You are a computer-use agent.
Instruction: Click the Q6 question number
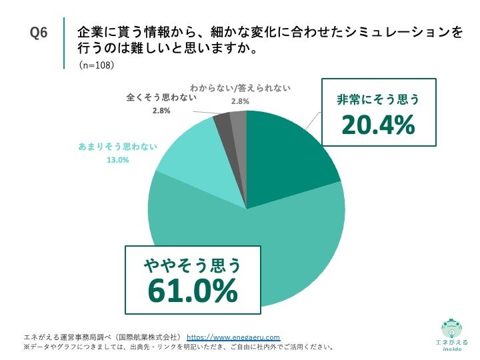pyautogui.click(x=39, y=33)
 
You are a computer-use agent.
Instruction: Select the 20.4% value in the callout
pyautogui.click(x=378, y=125)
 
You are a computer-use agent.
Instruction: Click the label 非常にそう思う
pyautogui.click(x=378, y=100)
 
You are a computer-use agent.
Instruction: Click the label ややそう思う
pyautogui.click(x=193, y=267)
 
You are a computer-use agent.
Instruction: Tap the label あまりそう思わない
pyautogui.click(x=117, y=147)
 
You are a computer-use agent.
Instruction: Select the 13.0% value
pyautogui.click(x=118, y=160)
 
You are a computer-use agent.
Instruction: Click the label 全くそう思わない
pyautogui.click(x=161, y=97)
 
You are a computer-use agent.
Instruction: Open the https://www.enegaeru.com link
pyautogui.click(x=233, y=337)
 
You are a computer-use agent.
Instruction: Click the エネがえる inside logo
pyautogui.click(x=451, y=333)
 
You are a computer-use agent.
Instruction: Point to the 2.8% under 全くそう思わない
pyautogui.click(x=161, y=111)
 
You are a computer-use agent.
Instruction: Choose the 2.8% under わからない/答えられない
pyautogui.click(x=240, y=101)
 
